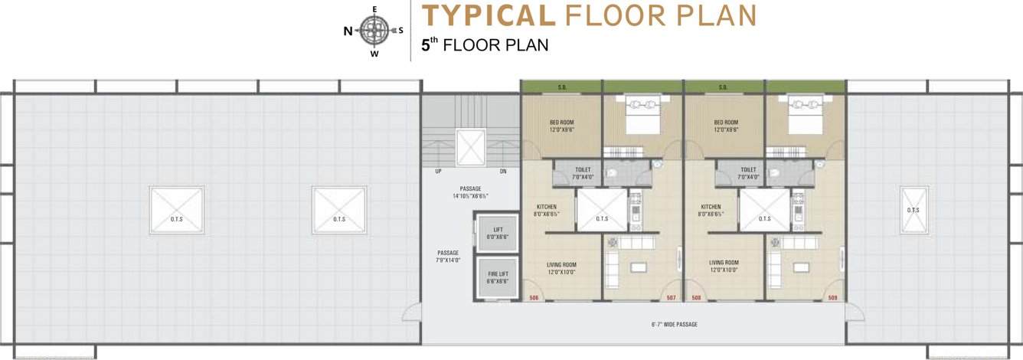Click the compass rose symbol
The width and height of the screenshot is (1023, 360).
click(374, 31)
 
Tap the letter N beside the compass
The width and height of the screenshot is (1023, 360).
click(348, 31)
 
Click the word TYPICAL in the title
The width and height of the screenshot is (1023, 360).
click(489, 15)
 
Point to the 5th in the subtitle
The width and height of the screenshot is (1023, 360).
click(429, 45)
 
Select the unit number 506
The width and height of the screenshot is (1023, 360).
click(534, 298)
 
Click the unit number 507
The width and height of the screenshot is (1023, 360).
click(671, 298)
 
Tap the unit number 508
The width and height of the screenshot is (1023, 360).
click(696, 298)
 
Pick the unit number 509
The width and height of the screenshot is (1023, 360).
click(832, 298)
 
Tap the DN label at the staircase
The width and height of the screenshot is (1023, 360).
click(502, 172)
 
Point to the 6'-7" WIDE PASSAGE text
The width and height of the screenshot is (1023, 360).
click(674, 325)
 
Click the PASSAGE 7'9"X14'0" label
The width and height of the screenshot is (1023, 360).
click(448, 257)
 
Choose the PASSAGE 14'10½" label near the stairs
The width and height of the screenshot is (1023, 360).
click(470, 192)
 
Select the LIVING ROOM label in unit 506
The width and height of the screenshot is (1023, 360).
click(561, 268)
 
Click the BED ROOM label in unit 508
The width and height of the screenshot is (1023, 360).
click(725, 126)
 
